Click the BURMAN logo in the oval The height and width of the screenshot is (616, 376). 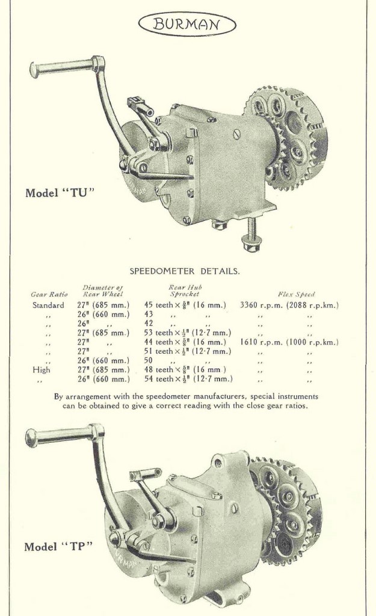click(x=187, y=25)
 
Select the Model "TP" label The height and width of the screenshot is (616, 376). click(x=58, y=547)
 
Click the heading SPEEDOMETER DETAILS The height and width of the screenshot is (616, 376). click(x=185, y=271)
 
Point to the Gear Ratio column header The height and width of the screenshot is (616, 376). click(x=49, y=294)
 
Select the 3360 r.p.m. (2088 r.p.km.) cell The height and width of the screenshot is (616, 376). click(x=289, y=305)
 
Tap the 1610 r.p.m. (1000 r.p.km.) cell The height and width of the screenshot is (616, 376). click(x=289, y=342)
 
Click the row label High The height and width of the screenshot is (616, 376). click(x=42, y=370)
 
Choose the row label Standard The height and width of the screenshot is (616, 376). click(x=48, y=305)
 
